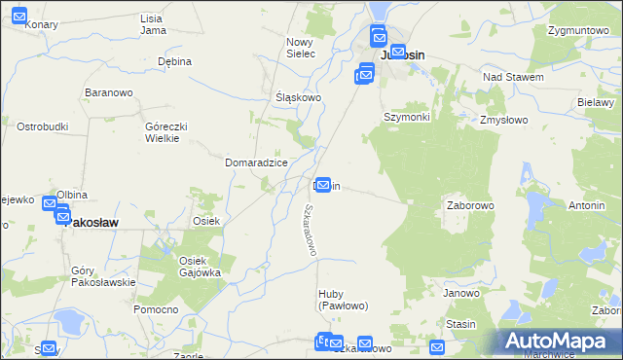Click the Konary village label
pos(40,24)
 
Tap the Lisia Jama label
pos(152,24)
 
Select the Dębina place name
pos(175,61)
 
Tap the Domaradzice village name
pos(256,162)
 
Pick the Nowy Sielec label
pos(300,48)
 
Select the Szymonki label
pos(406,117)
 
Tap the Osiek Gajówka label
pos(200,267)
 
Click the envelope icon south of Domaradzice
pos(322,184)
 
